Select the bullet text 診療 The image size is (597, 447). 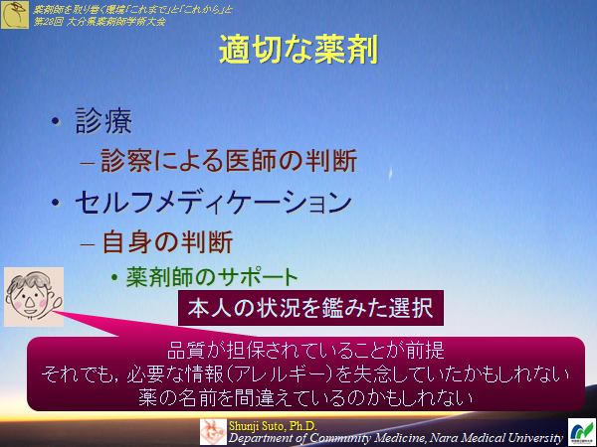pyautogui.click(x=103, y=123)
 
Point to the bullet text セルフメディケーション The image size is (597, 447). pyautogui.click(x=213, y=201)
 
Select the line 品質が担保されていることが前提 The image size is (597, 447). pyautogui.click(x=303, y=352)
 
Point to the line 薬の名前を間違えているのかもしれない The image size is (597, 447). pyautogui.click(x=303, y=396)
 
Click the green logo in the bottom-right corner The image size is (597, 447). pyautogui.click(x=580, y=432)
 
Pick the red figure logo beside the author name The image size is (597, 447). pyautogui.click(x=213, y=432)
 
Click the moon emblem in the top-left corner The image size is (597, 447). pyautogui.click(x=15, y=13)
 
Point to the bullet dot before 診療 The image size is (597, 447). pyautogui.click(x=57, y=124)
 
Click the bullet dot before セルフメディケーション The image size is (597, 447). pyautogui.click(x=57, y=202)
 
